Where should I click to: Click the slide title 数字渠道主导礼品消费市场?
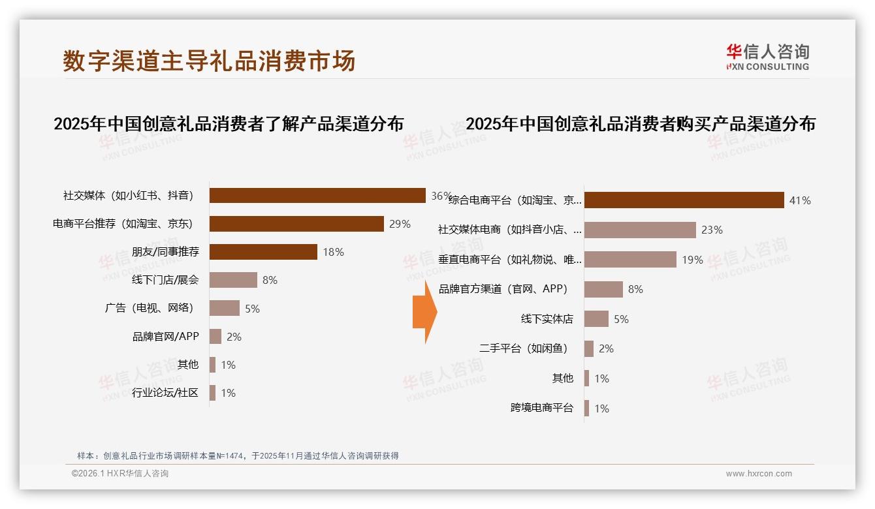click(209, 61)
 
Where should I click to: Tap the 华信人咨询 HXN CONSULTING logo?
click(767, 57)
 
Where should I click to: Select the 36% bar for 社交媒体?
click(317, 196)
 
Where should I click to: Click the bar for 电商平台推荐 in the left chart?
click(296, 224)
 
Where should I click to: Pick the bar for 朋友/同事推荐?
click(263, 252)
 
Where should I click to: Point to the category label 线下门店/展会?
click(166, 280)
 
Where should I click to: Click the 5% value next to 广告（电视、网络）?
click(252, 309)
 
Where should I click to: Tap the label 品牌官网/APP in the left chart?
click(166, 337)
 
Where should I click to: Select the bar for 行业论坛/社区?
click(212, 393)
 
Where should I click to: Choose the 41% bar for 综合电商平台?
click(684, 200)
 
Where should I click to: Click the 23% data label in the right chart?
click(712, 230)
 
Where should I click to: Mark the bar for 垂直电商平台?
click(630, 260)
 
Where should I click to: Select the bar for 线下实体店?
click(596, 319)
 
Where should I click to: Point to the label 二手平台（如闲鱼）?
click(524, 348)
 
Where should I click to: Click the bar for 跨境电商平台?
click(586, 409)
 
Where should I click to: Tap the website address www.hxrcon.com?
click(759, 474)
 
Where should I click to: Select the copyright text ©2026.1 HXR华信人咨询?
click(120, 474)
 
